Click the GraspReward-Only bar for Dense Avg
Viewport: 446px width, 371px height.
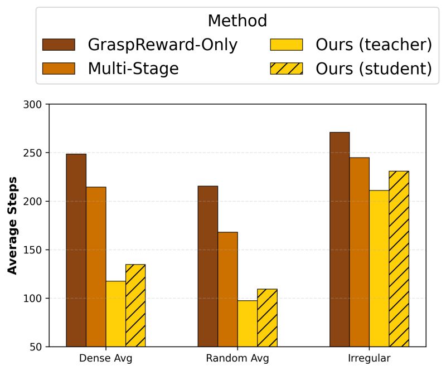[76, 250]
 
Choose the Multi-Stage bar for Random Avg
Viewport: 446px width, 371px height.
[227, 289]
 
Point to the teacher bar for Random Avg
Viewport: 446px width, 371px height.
[248, 324]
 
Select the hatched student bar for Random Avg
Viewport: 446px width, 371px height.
[267, 318]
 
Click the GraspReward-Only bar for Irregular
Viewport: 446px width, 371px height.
[340, 240]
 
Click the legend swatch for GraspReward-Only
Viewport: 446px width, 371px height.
[59, 45]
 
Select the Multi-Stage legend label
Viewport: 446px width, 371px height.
[133, 69]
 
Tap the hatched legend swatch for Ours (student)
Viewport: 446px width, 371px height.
[286, 69]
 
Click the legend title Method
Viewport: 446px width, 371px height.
[237, 21]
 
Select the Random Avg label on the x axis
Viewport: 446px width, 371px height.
[237, 358]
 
